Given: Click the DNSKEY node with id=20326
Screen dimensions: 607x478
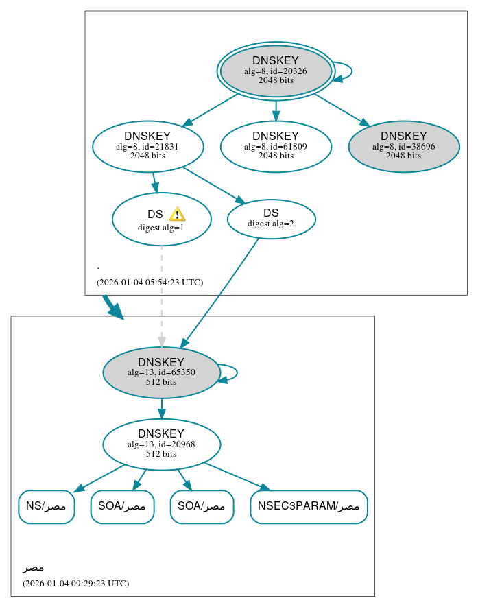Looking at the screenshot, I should [275, 71].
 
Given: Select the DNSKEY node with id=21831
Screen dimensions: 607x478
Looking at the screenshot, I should [147, 146].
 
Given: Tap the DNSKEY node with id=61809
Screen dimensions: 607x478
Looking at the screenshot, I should [275, 146].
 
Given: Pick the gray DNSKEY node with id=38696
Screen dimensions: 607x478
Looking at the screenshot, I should [403, 146].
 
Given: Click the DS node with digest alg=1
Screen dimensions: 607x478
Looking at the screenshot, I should [161, 219].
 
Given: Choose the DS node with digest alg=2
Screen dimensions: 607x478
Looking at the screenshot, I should [271, 219].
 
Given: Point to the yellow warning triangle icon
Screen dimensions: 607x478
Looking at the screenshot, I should [177, 214].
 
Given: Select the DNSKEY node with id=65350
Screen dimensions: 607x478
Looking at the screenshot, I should [161, 372].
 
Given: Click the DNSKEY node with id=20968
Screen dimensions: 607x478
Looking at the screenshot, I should [161, 444].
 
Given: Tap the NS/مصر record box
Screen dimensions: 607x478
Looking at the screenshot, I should [46, 507].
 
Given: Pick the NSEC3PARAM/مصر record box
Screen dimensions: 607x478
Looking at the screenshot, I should [309, 507].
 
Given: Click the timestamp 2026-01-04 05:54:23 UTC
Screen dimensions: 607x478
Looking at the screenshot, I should [150, 282].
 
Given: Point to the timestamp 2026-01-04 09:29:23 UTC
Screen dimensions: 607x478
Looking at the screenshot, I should [75, 584].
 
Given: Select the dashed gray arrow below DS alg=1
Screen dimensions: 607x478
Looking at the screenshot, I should [162, 295].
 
